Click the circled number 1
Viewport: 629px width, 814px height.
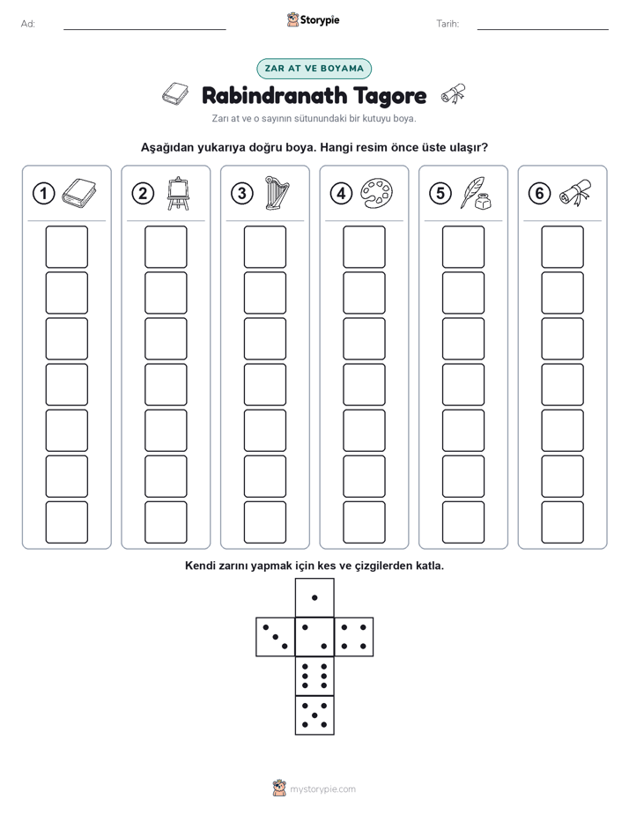[x=43, y=193]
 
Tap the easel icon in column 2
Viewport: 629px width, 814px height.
[x=178, y=194]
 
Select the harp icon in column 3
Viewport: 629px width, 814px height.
[x=277, y=193]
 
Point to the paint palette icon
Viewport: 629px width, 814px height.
[x=376, y=193]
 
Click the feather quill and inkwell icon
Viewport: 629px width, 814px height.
[x=476, y=193]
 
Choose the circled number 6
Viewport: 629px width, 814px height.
[x=539, y=193]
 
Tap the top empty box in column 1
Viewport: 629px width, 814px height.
[x=66, y=247]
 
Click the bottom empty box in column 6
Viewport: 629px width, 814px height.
[x=562, y=522]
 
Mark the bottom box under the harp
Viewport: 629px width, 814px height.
[x=264, y=522]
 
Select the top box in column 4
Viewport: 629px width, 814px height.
[x=364, y=247]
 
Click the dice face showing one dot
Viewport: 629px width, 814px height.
[x=314, y=597]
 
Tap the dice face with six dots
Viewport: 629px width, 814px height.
[x=314, y=676]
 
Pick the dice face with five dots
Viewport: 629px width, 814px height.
[x=314, y=715]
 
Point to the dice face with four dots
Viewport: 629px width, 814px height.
[x=354, y=637]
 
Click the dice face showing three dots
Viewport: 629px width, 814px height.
[x=275, y=637]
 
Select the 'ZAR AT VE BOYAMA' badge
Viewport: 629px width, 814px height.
[x=314, y=69]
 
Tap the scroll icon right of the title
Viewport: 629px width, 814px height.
[x=453, y=94]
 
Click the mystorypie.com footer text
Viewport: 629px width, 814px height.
[x=322, y=789]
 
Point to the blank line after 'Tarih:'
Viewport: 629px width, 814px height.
[x=543, y=29]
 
